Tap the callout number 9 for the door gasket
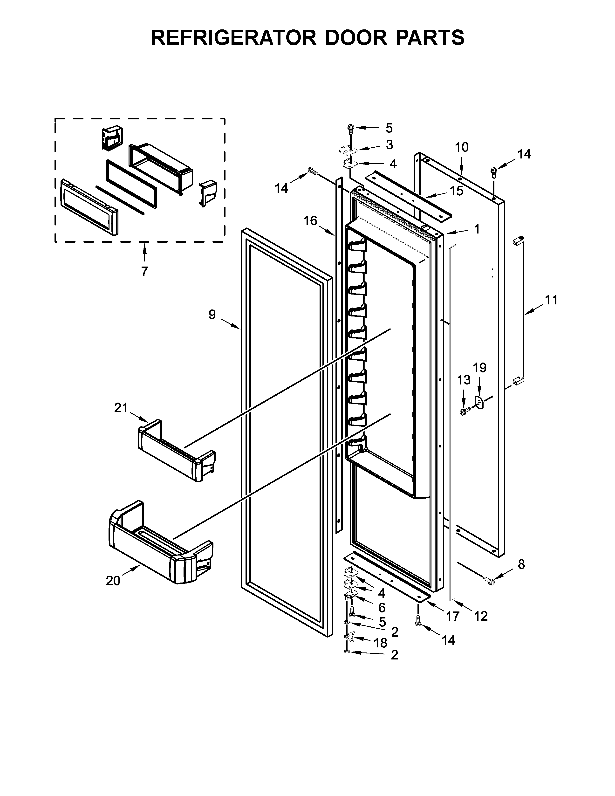coord(212,314)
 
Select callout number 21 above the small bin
coord(121,408)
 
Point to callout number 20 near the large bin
coord(113,581)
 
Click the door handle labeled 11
coord(519,310)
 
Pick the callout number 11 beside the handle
coord(551,300)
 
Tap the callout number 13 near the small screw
coord(464,380)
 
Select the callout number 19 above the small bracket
coord(480,368)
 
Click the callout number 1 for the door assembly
coord(477,229)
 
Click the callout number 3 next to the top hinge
coord(389,145)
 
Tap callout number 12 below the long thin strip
coord(481,616)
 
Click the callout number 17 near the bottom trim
coord(453,616)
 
